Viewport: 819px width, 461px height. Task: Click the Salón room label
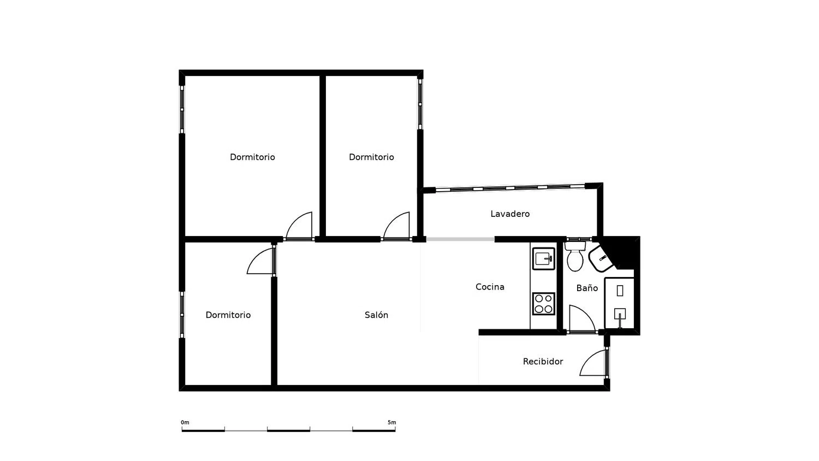click(x=376, y=315)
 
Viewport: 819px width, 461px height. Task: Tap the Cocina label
click(x=490, y=287)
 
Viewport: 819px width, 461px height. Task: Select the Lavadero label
click(x=510, y=214)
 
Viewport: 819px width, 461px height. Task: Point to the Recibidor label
click(x=543, y=362)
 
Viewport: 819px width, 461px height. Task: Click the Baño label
click(x=587, y=288)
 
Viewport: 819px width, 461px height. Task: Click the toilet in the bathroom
click(x=575, y=256)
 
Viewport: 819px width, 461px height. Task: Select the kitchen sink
click(x=544, y=259)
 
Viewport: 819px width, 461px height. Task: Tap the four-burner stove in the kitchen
click(x=544, y=304)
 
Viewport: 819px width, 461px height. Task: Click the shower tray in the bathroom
click(x=619, y=303)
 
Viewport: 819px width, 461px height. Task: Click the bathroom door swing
click(x=581, y=319)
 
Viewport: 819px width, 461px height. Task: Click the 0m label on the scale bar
click(x=185, y=423)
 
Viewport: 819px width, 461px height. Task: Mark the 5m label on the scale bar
click(x=391, y=423)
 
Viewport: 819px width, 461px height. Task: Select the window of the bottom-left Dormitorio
click(x=182, y=315)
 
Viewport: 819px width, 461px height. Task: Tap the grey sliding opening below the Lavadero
click(x=460, y=239)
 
